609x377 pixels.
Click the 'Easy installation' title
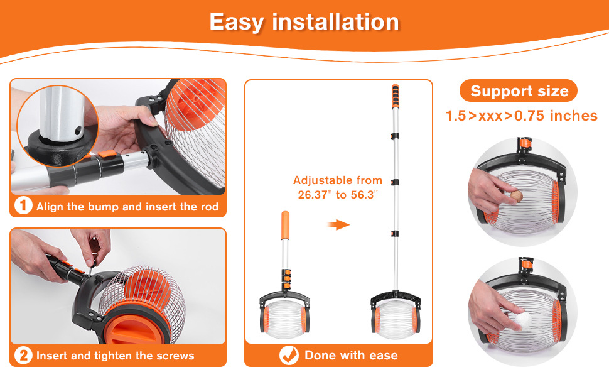click(x=304, y=22)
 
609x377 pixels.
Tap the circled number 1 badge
click(x=23, y=205)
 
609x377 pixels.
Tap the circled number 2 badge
click(x=23, y=355)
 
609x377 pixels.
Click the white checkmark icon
click(x=289, y=355)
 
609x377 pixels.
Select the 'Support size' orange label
click(x=519, y=91)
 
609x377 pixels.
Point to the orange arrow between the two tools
click(x=338, y=224)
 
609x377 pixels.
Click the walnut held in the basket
click(x=516, y=195)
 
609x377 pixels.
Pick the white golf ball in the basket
click(x=523, y=319)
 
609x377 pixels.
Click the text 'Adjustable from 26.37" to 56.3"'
click(x=338, y=187)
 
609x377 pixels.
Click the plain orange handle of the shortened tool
click(x=285, y=226)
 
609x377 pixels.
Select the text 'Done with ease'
click(x=351, y=355)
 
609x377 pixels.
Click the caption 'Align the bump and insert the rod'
click(x=127, y=206)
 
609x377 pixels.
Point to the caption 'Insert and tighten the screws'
click(x=116, y=356)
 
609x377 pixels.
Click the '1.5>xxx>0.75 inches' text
click(x=522, y=116)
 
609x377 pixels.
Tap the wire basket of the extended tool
click(x=395, y=316)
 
